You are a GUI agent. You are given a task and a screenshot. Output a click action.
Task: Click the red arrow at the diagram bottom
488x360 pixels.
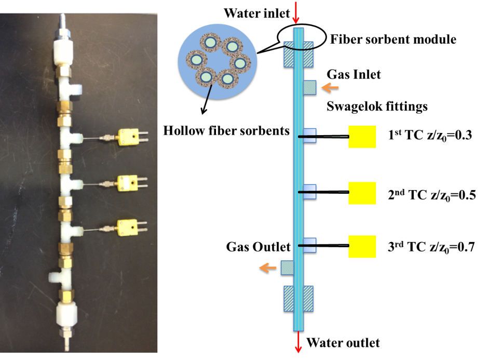298,343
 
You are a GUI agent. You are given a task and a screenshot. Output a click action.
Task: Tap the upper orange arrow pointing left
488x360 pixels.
330,88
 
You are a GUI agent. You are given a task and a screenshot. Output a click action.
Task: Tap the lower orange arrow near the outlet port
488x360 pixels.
267,268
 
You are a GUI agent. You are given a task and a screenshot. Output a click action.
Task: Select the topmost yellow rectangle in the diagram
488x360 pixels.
362,137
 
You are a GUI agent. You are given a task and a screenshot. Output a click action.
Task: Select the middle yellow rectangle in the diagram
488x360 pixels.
362,193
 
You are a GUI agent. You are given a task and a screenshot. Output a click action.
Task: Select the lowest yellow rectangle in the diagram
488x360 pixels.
362,247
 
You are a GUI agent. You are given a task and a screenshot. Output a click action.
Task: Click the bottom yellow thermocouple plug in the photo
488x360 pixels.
127,226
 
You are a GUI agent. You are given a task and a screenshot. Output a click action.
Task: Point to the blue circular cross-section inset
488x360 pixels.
218,61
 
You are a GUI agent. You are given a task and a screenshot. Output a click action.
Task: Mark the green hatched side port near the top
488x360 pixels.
310,87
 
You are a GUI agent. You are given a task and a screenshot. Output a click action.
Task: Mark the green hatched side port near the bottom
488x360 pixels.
287,268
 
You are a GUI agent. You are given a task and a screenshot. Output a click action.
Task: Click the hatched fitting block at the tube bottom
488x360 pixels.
299,298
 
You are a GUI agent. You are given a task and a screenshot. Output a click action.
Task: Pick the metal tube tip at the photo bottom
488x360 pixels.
67,343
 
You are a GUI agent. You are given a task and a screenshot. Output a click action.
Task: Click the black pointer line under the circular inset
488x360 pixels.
209,92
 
